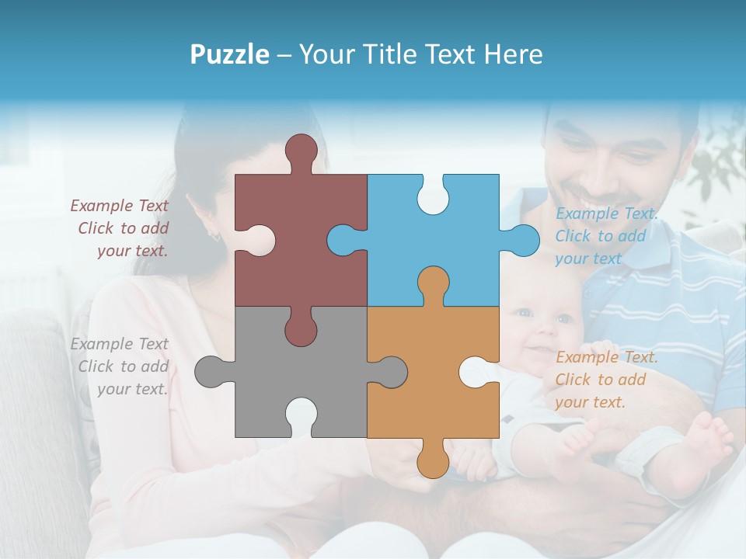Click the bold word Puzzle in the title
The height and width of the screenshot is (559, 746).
click(x=230, y=54)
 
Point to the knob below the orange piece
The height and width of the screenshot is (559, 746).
click(x=433, y=461)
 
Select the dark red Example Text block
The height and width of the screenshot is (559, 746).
click(x=121, y=228)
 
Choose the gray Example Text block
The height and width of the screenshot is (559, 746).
click(x=121, y=366)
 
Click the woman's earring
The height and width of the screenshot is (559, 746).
click(x=215, y=234)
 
